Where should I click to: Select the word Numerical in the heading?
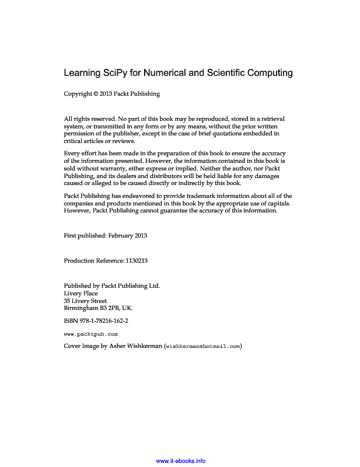click(x=166, y=74)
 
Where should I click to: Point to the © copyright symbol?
click(x=96, y=93)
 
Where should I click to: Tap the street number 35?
click(x=68, y=301)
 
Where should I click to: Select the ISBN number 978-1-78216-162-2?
click(x=103, y=321)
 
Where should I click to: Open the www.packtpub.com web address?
click(x=90, y=334)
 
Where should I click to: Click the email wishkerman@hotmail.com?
click(x=203, y=347)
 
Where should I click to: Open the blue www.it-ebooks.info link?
click(x=181, y=461)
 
